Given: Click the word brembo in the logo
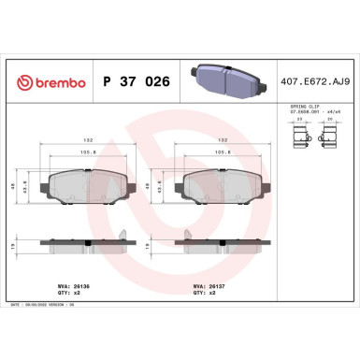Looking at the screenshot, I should click(x=55, y=83).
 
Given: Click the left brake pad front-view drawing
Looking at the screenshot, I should click(x=86, y=185).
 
